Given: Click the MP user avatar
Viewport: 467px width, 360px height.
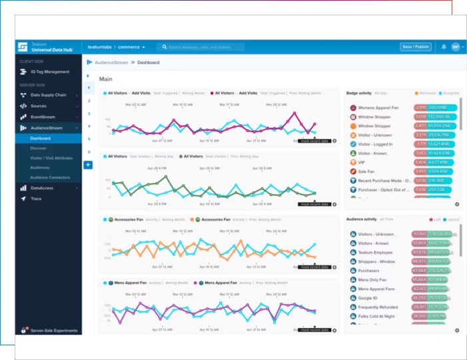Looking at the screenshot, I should click(x=456, y=47).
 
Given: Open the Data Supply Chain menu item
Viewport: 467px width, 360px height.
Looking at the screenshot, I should click(x=48, y=95).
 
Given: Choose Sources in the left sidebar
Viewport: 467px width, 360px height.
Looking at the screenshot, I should click(x=39, y=106).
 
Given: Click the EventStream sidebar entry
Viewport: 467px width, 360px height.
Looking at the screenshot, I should click(x=43, y=117).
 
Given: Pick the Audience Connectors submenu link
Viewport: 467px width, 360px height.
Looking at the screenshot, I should click(x=50, y=177).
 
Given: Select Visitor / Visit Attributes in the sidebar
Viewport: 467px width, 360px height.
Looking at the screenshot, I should click(x=51, y=158).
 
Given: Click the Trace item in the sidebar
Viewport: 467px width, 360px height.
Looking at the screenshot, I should click(x=36, y=199).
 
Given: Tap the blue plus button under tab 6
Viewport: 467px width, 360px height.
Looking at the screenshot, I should click(x=88, y=164).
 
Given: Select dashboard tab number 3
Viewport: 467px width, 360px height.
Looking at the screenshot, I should click(x=88, y=113).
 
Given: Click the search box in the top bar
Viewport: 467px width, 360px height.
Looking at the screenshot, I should click(x=201, y=47).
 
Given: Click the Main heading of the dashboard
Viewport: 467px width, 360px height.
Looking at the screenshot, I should click(x=106, y=79).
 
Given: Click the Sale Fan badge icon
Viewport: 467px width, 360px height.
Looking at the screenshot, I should click(x=352, y=171).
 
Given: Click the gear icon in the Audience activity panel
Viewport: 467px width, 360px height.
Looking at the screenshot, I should click(x=457, y=331).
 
